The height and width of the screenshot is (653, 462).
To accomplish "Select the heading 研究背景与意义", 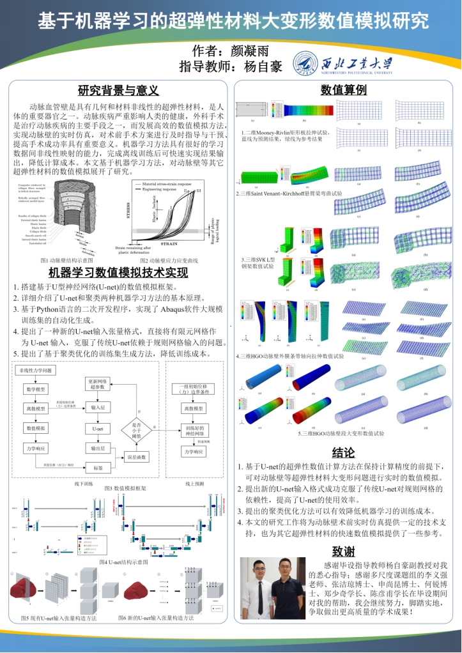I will tap(118, 91).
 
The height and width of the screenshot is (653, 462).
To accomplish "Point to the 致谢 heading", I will tap(343, 551).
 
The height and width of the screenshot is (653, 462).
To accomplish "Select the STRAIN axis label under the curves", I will tap(169, 243).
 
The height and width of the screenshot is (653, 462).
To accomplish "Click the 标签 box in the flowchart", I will tap(98, 468).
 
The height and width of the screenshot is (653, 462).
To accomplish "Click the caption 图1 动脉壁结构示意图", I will tap(66, 260).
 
